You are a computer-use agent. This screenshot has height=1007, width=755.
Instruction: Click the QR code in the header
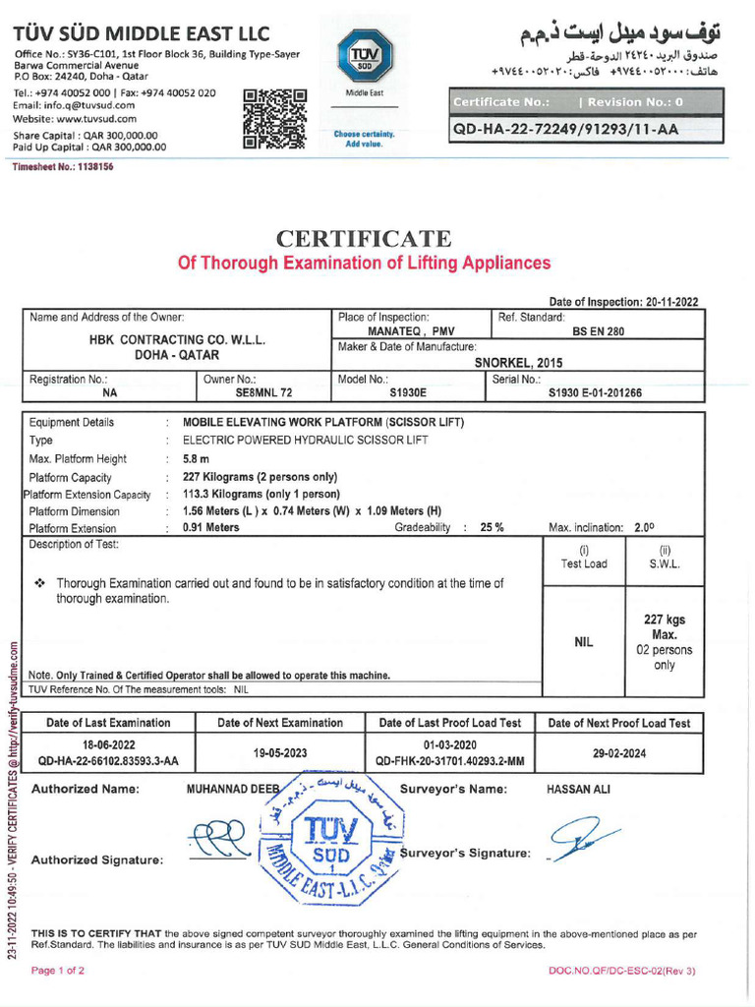274,118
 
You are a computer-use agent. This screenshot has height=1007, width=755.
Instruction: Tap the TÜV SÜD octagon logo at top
363,53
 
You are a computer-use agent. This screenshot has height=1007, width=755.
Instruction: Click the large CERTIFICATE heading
364,239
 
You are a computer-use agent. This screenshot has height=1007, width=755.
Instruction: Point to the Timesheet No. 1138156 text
63,167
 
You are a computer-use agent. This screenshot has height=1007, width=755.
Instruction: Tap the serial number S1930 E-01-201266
595,392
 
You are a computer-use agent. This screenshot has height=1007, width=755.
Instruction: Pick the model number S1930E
409,392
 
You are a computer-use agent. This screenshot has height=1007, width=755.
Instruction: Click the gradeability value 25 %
492,527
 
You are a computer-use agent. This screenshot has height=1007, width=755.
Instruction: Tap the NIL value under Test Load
584,642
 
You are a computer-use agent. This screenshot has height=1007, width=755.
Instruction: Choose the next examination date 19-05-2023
280,752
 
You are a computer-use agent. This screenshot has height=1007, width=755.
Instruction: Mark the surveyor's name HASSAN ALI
578,790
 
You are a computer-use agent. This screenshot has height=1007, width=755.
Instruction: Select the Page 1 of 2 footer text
58,971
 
